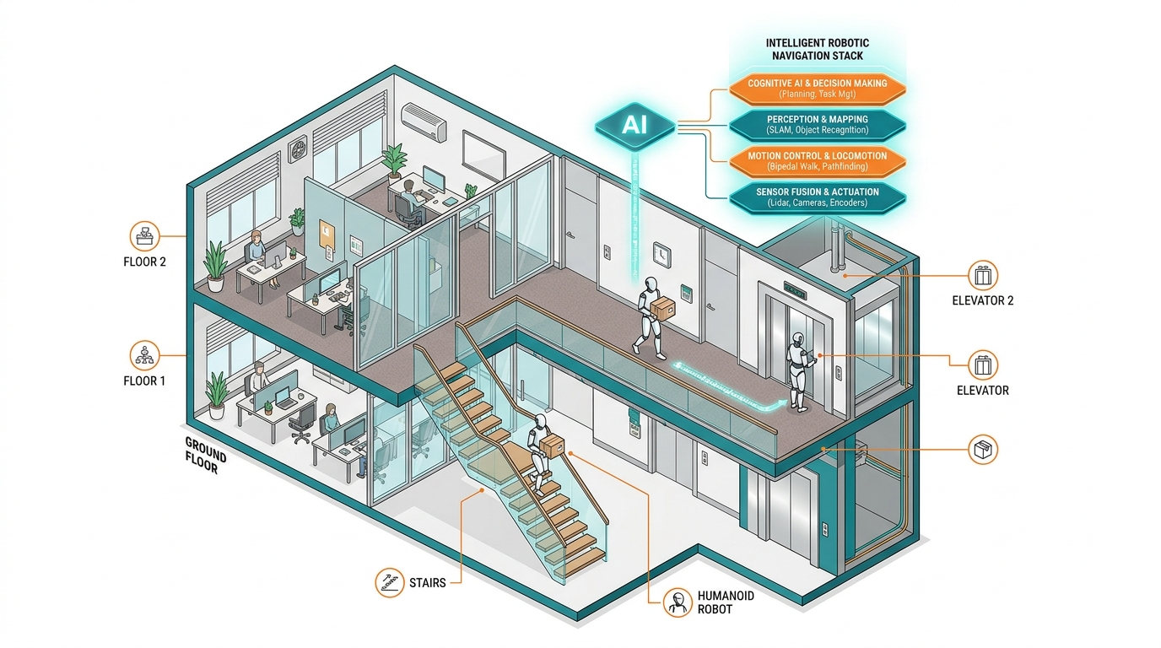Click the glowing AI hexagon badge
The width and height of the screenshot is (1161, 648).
point(634,126)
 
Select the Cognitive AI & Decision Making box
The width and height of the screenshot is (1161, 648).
point(818,89)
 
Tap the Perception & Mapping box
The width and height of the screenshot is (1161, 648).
point(818,125)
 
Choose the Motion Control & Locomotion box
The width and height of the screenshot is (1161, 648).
point(818,161)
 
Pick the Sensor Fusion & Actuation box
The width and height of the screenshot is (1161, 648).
point(818,197)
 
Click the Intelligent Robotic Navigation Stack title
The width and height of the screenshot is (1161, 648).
point(818,49)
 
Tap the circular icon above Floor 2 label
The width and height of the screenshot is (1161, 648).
point(144,236)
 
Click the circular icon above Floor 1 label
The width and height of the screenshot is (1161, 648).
point(144,355)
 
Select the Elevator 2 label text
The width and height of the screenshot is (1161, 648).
point(982,300)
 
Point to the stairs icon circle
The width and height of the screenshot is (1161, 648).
point(389,582)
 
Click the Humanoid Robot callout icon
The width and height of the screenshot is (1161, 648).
point(678,602)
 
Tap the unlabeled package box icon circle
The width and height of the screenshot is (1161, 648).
point(983,450)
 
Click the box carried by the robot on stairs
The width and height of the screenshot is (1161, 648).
point(552,445)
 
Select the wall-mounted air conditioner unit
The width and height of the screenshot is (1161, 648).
point(424,121)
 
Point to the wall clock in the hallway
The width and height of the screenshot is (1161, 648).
point(661,255)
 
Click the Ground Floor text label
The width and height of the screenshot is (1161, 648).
point(205,455)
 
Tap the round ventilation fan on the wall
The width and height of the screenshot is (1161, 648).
point(299,150)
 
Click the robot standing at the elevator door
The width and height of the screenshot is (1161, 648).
point(799,372)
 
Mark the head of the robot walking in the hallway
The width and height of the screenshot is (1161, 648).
point(651,284)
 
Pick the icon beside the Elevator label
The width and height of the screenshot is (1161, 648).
point(983,365)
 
